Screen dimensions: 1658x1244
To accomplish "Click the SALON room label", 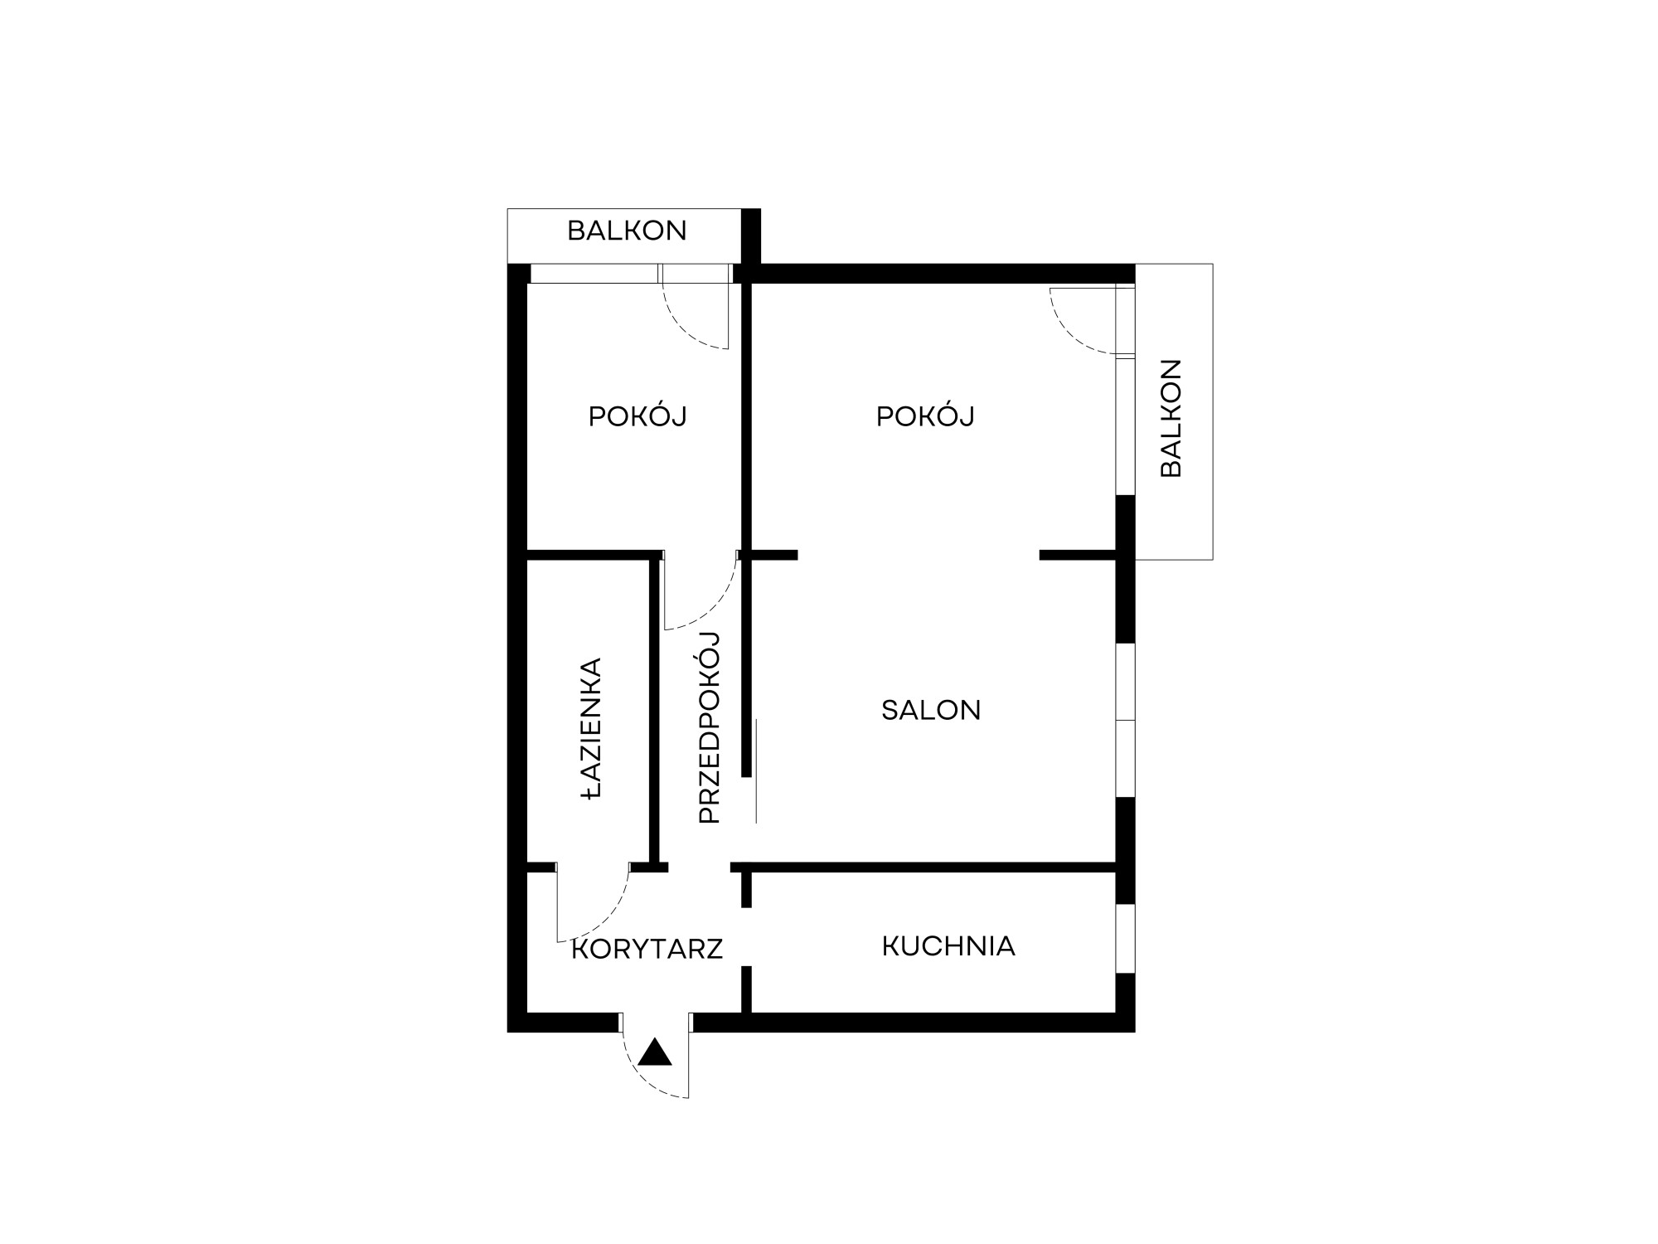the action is click(931, 710).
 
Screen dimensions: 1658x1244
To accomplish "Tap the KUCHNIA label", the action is click(948, 946).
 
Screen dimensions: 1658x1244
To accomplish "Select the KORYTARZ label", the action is click(647, 949).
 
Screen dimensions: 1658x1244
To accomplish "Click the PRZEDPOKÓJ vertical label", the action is click(710, 727).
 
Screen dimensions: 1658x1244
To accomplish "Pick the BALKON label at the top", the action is click(627, 231).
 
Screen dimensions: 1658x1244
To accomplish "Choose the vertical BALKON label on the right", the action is click(1171, 418).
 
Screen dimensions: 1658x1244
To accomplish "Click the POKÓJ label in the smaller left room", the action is click(638, 416).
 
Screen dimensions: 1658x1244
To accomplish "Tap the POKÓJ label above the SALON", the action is click(925, 416).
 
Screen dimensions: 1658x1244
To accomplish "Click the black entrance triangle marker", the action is click(655, 1053).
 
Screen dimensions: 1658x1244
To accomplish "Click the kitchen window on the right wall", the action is click(1125, 938).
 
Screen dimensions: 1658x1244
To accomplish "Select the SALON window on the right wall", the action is click(1125, 720).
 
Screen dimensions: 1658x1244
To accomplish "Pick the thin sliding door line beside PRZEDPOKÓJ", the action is click(756, 771).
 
